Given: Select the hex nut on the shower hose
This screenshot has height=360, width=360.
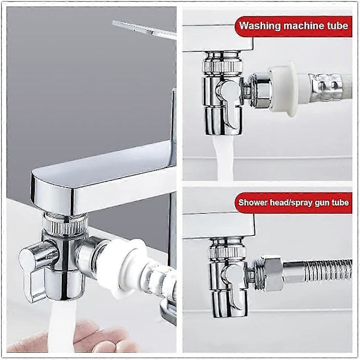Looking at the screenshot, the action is click(271, 271).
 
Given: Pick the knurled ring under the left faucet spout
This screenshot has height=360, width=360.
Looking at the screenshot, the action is click(65, 226).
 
